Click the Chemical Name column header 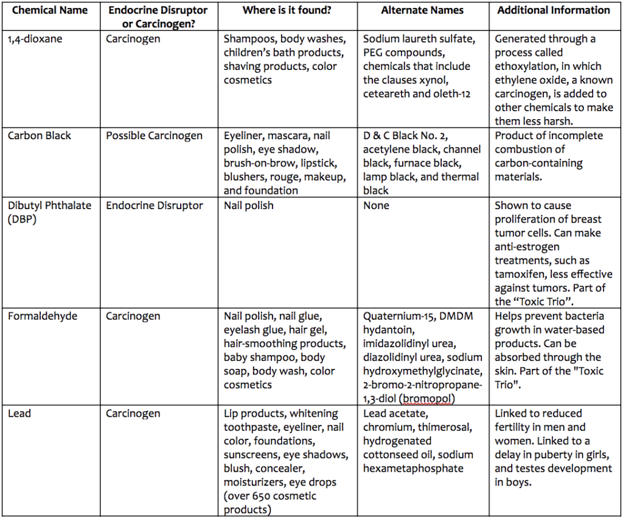50,10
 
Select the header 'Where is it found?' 287,10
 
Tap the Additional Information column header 554,10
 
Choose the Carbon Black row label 40,136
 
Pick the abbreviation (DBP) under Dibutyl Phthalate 23,219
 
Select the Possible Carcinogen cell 154,136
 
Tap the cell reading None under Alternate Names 376,205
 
